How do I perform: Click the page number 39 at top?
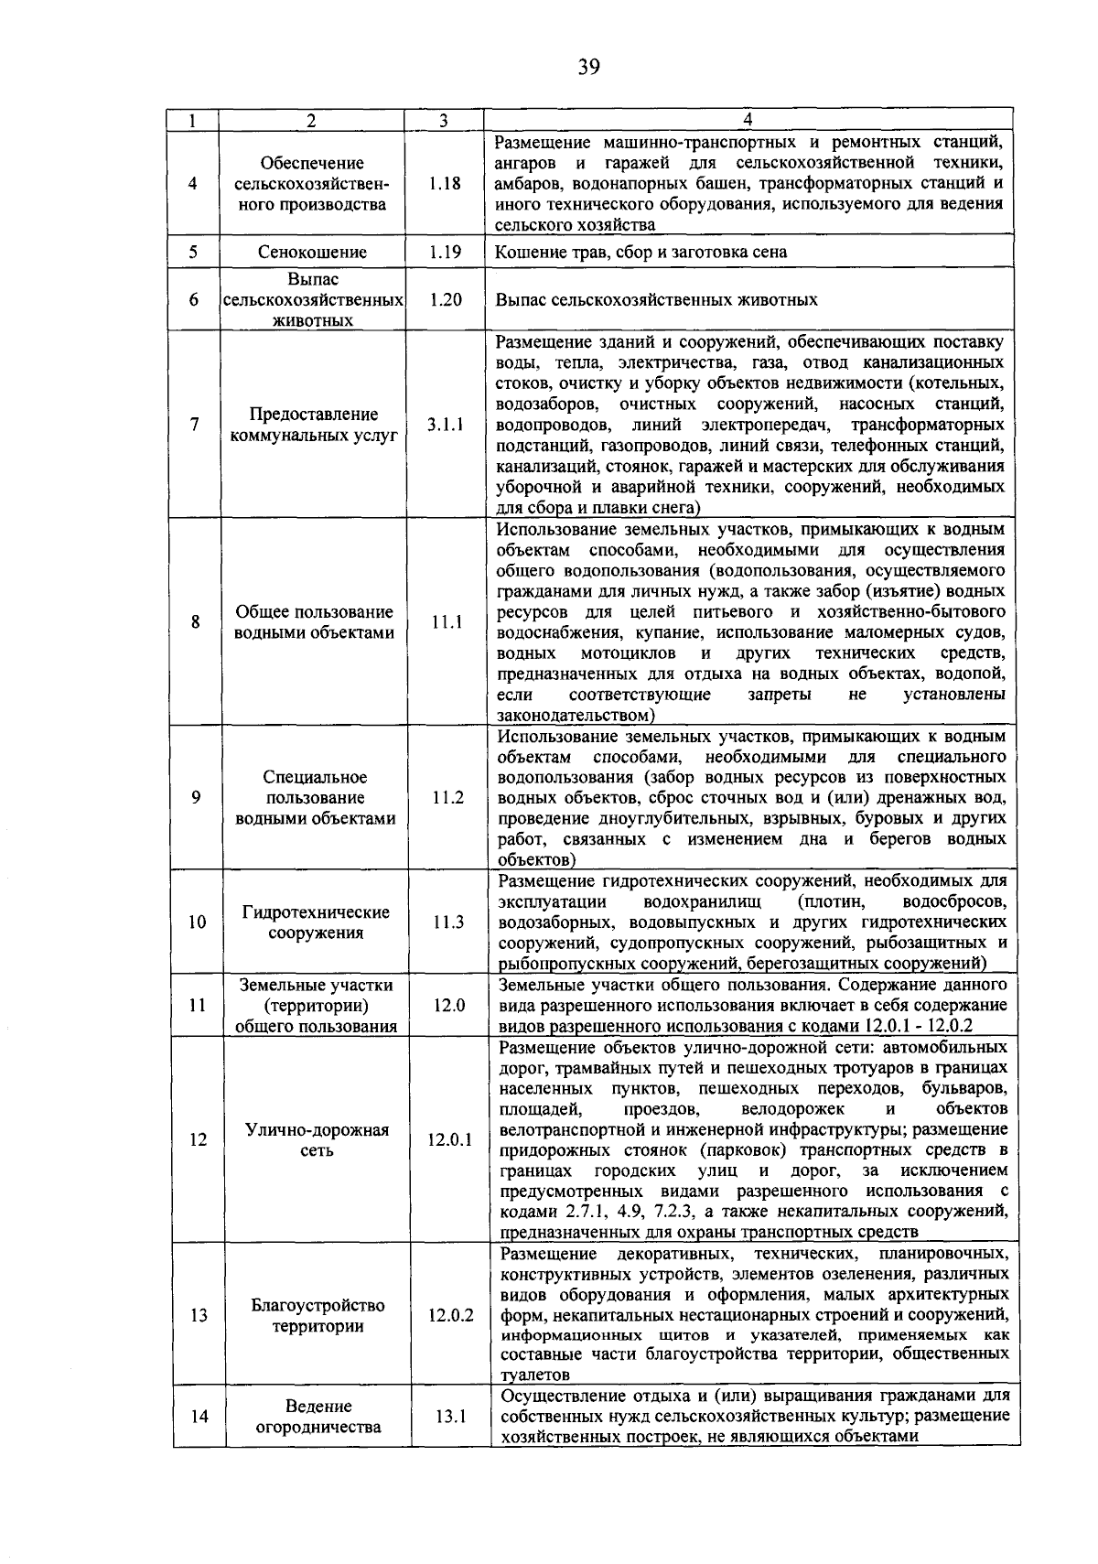click(x=588, y=66)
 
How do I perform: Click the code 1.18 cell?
click(x=445, y=183)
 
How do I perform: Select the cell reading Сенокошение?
click(x=312, y=252)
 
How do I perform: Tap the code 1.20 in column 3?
click(x=445, y=299)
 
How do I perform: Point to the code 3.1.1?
click(x=445, y=425)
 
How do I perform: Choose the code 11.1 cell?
click(x=447, y=622)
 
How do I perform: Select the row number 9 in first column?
click(x=196, y=797)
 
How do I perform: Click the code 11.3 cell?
click(x=448, y=922)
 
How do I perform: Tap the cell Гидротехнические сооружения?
click(x=316, y=922)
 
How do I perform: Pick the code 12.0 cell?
click(x=448, y=1005)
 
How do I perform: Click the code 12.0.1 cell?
click(x=449, y=1139)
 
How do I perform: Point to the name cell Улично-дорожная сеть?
click(x=317, y=1139)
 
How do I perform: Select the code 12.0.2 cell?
click(x=450, y=1315)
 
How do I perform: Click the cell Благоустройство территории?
click(x=318, y=1315)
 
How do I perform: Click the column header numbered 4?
click(x=748, y=120)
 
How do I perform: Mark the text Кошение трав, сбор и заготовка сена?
click(x=640, y=252)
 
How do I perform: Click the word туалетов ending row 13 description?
click(x=535, y=1375)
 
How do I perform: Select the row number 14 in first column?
click(x=199, y=1416)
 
